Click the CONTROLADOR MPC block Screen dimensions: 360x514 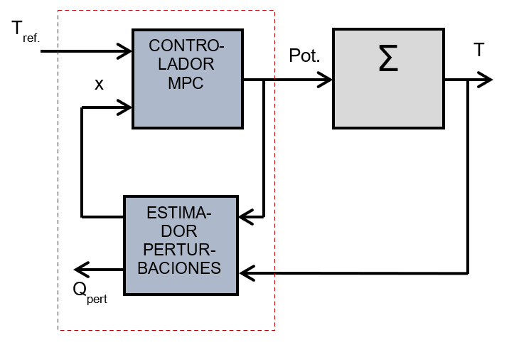[188, 78]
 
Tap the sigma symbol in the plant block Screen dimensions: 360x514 [388, 60]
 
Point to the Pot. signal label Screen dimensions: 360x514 [305, 56]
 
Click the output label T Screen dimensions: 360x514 [480, 50]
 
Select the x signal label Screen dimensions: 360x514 [99, 84]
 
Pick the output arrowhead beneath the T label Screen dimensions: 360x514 [485, 80]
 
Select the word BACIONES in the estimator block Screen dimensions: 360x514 [181, 268]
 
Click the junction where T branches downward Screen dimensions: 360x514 [468, 80]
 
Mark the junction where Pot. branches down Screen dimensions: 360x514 [264, 80]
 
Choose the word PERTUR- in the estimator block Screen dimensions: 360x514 [181, 250]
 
